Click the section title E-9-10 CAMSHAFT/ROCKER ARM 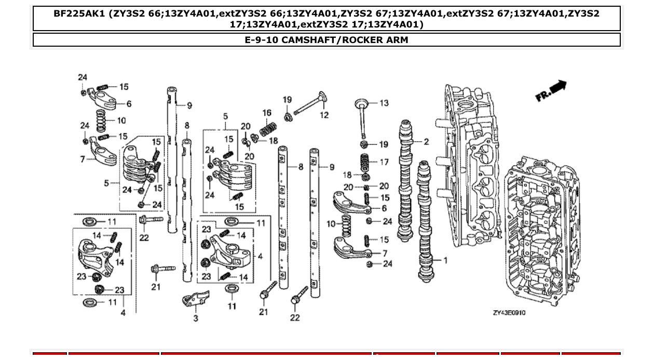pyautogui.click(x=326, y=40)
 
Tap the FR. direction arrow pyautogui.click(x=551, y=91)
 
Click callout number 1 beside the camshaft pyautogui.click(x=445, y=260)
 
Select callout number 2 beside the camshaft pyautogui.click(x=426, y=142)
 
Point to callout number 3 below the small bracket pyautogui.click(x=196, y=319)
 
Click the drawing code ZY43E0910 pyautogui.click(x=509, y=313)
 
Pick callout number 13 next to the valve pyautogui.click(x=384, y=103)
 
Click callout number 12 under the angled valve pyautogui.click(x=324, y=115)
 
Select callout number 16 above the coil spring pyautogui.click(x=267, y=113)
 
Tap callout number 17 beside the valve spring pyautogui.click(x=384, y=162)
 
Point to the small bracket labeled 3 pyautogui.click(x=196, y=300)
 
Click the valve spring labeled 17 pyautogui.click(x=366, y=162)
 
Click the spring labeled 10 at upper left pyautogui.click(x=102, y=121)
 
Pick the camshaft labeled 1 pyautogui.click(x=426, y=223)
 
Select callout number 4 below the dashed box pyautogui.click(x=123, y=313)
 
